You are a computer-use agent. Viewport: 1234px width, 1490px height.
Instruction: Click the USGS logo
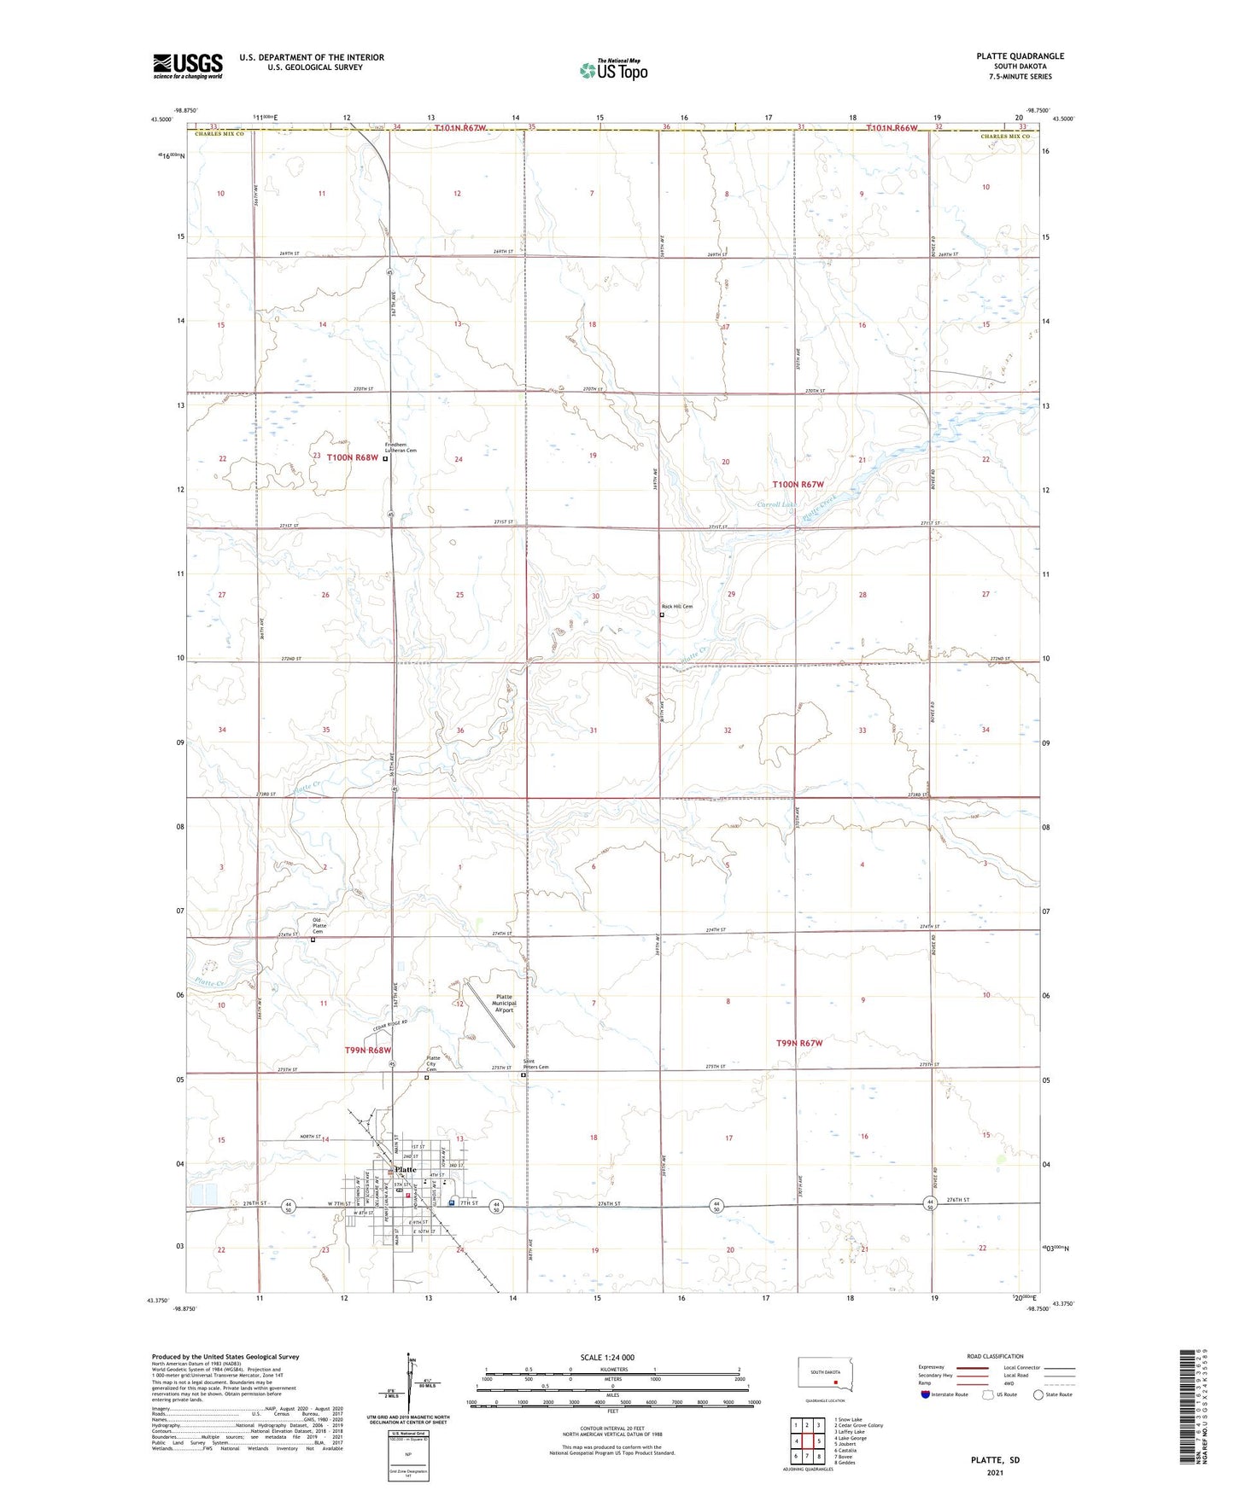pos(187,66)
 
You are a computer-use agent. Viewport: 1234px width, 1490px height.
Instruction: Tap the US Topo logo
pos(613,70)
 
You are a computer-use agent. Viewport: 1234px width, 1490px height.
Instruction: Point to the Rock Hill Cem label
pos(677,607)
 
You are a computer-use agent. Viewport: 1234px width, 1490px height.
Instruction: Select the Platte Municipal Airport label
pos(504,1004)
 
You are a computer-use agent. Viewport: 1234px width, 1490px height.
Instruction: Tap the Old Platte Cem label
pos(319,926)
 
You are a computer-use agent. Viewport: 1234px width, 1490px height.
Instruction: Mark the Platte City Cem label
pos(432,1064)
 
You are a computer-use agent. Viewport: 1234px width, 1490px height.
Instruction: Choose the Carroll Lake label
pos(775,504)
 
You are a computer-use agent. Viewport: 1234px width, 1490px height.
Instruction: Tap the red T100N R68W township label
pos(353,457)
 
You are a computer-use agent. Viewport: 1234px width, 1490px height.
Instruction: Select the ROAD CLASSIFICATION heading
pos(995,1356)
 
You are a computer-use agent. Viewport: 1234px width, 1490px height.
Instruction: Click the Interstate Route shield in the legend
pos(927,1394)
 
